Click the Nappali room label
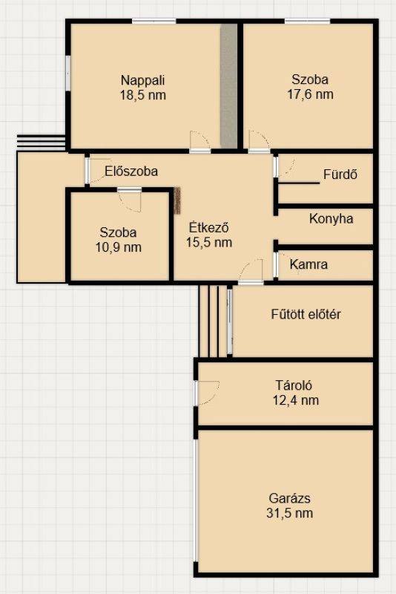point(143,80)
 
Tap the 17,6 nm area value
point(310,94)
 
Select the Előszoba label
point(131,172)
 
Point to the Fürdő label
point(340,174)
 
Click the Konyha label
point(331,218)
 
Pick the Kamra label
point(308,264)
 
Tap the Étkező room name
point(209,227)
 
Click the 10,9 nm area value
point(119,247)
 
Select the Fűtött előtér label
point(306,314)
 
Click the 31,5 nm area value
point(290,513)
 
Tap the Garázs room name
point(290,498)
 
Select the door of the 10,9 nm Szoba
point(129,200)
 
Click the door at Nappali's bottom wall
point(200,141)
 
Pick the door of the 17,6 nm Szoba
point(260,141)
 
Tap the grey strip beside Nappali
point(229,86)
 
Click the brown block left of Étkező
point(177,200)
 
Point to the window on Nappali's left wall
point(68,73)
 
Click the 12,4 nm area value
point(296,400)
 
